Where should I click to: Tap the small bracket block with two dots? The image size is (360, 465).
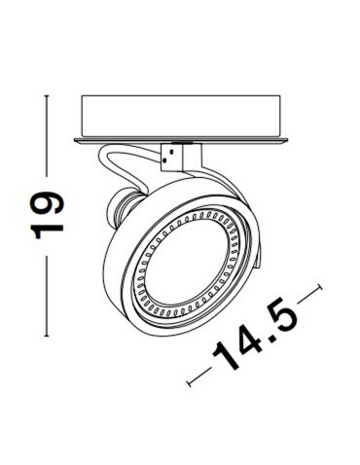178,153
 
